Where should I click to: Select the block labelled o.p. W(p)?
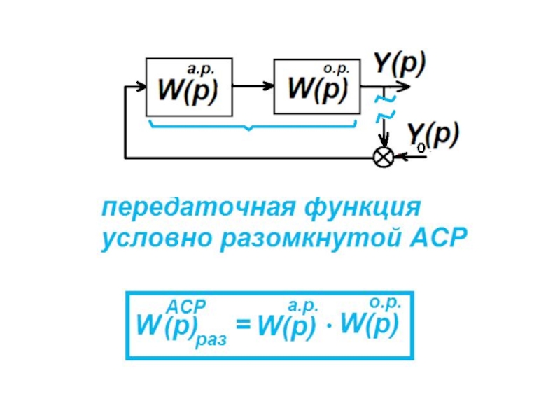tap(316, 87)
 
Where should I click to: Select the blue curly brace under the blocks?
tap(252, 126)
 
